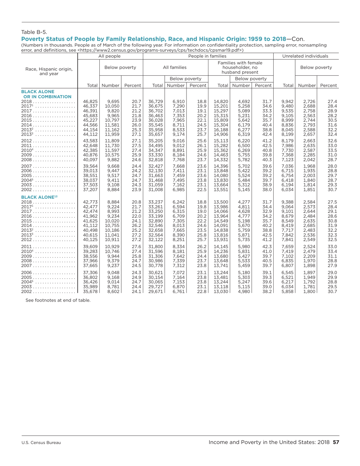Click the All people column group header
pos(110,56)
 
